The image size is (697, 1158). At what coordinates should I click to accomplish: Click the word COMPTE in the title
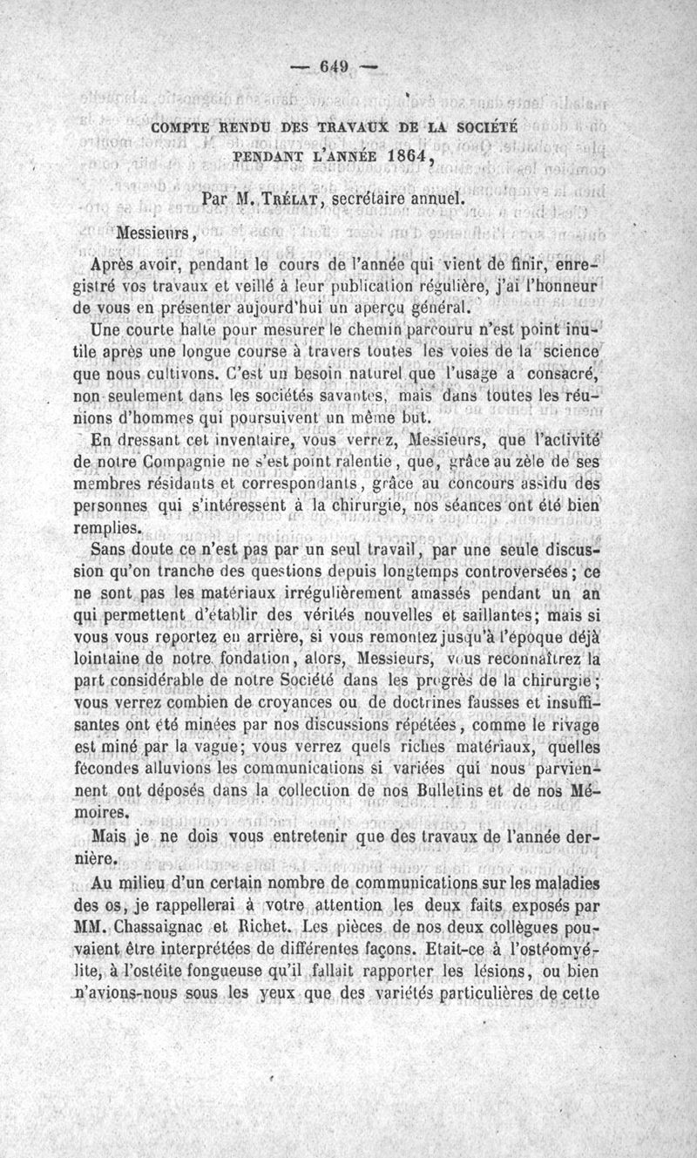[x=180, y=127]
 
